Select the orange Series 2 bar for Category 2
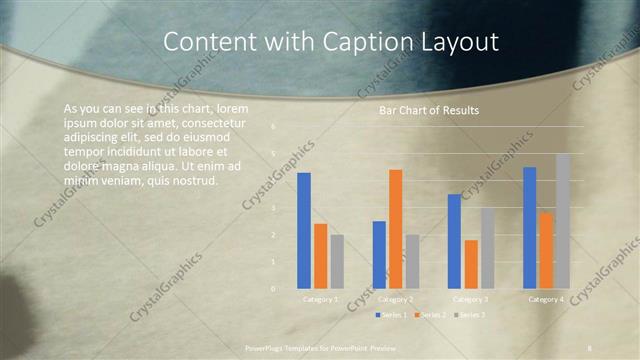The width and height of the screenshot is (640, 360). click(395, 229)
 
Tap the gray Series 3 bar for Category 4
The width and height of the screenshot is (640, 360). click(562, 221)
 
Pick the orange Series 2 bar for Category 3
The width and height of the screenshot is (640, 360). click(471, 264)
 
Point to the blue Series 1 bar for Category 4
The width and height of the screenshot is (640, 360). click(529, 227)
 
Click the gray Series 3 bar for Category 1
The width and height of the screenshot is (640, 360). click(337, 261)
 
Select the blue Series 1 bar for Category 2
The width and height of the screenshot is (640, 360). click(379, 254)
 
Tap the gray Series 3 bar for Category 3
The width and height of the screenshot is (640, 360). click(487, 248)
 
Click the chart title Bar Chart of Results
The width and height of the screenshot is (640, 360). click(428, 111)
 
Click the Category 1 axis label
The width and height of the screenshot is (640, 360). click(320, 299)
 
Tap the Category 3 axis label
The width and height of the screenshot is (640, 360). click(471, 299)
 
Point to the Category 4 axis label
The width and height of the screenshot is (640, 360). click(546, 299)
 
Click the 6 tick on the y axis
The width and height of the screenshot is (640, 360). click(274, 127)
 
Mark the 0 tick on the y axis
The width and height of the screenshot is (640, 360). click(274, 288)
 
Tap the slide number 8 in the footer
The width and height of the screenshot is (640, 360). click(589, 347)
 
